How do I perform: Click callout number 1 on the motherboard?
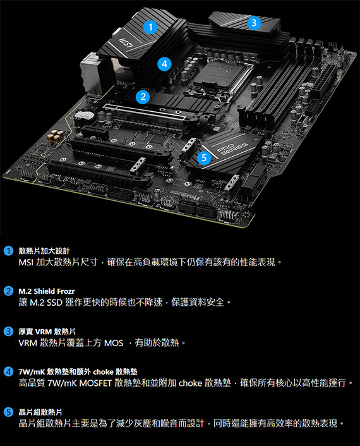tap(150, 27)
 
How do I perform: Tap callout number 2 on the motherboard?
tap(143, 97)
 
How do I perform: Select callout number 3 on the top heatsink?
tap(254, 23)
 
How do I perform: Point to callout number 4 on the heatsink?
tap(165, 64)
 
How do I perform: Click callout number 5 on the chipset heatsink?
tap(204, 157)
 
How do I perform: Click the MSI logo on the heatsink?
tap(126, 42)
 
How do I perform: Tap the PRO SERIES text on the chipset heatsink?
tap(232, 148)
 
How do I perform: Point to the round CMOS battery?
tap(84, 116)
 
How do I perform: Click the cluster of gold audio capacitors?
tap(56, 136)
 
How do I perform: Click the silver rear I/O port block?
tap(91, 73)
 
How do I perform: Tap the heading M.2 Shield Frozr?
tap(47, 291)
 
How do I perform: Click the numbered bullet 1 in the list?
tap(8, 251)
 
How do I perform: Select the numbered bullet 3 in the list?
tap(8, 332)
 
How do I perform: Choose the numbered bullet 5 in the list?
tap(8, 412)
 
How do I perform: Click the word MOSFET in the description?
tap(95, 383)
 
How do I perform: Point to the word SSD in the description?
tap(54, 303)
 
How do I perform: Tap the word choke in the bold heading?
tap(103, 371)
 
